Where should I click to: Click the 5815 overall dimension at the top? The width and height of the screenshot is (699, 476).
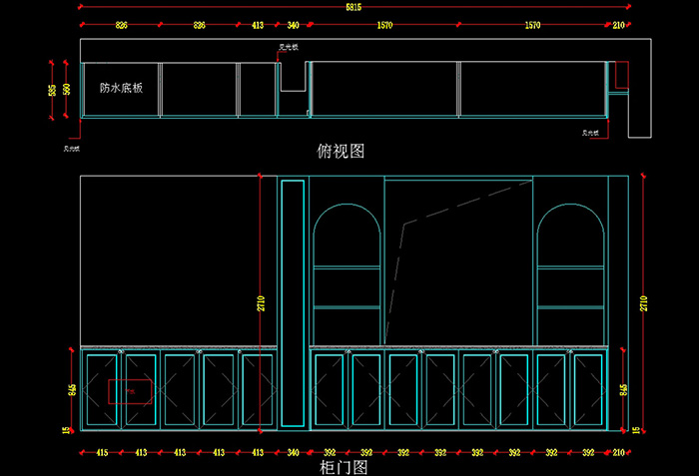point(354,7)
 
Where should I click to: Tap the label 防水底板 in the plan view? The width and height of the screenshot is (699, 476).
point(121,88)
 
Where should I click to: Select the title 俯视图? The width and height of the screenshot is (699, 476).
point(340,151)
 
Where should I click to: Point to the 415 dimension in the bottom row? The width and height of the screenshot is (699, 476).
point(101,452)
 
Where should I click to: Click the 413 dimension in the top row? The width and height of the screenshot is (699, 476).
point(258,24)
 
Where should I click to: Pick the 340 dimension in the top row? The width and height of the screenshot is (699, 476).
point(293,24)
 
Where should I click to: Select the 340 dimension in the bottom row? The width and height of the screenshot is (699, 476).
point(293,452)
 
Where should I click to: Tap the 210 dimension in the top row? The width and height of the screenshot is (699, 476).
point(618,24)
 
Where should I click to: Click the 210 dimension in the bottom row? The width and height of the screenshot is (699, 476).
point(618,452)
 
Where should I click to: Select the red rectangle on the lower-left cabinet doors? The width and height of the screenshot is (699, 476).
point(131,391)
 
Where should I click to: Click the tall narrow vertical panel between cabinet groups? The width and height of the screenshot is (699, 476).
point(292,299)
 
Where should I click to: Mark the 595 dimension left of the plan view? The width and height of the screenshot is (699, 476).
point(52,90)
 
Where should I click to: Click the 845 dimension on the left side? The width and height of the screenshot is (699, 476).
point(72,389)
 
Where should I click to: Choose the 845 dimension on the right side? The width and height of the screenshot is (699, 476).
point(624,389)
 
